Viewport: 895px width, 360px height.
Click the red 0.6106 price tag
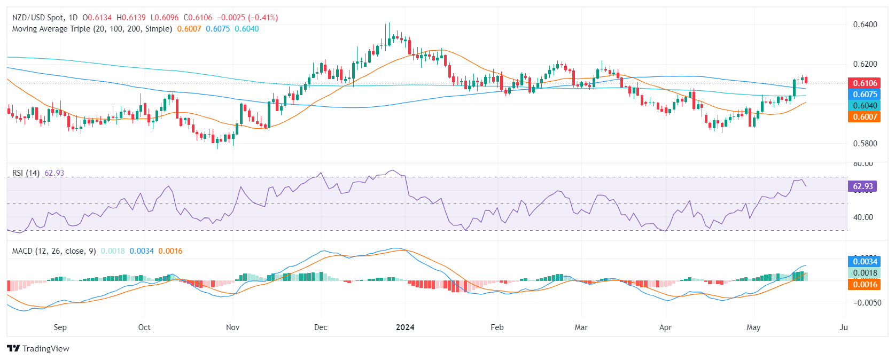[x=864, y=83]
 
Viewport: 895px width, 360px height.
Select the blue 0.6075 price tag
[x=864, y=94]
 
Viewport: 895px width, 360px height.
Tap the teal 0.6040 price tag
[x=864, y=105]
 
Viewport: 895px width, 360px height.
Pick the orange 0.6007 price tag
[x=864, y=116]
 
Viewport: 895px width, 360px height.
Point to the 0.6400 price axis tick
[x=865, y=25]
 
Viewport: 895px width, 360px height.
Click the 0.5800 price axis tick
[x=865, y=144]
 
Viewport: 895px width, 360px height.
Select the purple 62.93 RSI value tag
[x=862, y=186]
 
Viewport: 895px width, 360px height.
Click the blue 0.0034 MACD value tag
[x=864, y=261]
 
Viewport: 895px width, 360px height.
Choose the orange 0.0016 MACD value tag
[x=864, y=284]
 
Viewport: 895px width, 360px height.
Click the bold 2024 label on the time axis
[x=405, y=327]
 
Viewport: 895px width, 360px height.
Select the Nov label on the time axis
[x=232, y=327]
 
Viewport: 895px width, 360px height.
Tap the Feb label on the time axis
[x=497, y=327]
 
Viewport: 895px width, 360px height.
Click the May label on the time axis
[x=753, y=327]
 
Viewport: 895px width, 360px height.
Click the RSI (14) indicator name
[x=26, y=173]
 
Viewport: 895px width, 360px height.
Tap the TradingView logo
[x=38, y=349]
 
